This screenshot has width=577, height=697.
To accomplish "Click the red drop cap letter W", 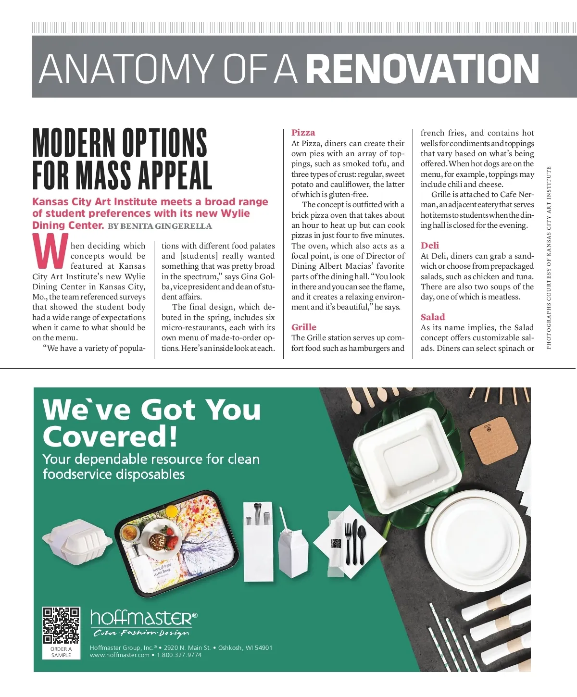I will (50, 251).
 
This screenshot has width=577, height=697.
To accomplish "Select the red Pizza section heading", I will (303, 133).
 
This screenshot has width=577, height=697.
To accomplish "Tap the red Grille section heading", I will (304, 327).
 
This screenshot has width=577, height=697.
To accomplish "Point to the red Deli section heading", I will (430, 246).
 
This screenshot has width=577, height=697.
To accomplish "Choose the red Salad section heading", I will (433, 317).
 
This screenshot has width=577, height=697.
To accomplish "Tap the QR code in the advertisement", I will (61, 625).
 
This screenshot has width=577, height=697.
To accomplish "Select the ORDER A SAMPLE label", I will (61, 652).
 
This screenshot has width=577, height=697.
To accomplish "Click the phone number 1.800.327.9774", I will (179, 655).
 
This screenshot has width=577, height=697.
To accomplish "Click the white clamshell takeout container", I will (77, 542).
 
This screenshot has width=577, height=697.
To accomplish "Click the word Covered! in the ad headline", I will (110, 437).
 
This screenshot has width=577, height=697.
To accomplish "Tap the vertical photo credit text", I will (549, 258).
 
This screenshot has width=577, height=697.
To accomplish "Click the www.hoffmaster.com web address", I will (120, 655).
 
